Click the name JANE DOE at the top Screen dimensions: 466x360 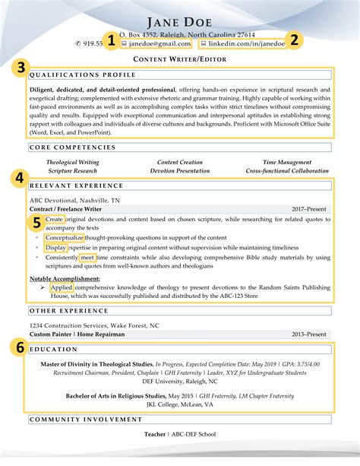point(179,21)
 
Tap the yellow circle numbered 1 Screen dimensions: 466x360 point(112,42)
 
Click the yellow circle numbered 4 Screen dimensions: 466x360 point(18,179)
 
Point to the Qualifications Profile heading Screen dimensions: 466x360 point(83,75)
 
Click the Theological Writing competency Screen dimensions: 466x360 point(72,163)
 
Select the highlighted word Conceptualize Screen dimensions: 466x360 point(65,237)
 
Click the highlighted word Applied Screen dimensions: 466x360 point(62,288)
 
